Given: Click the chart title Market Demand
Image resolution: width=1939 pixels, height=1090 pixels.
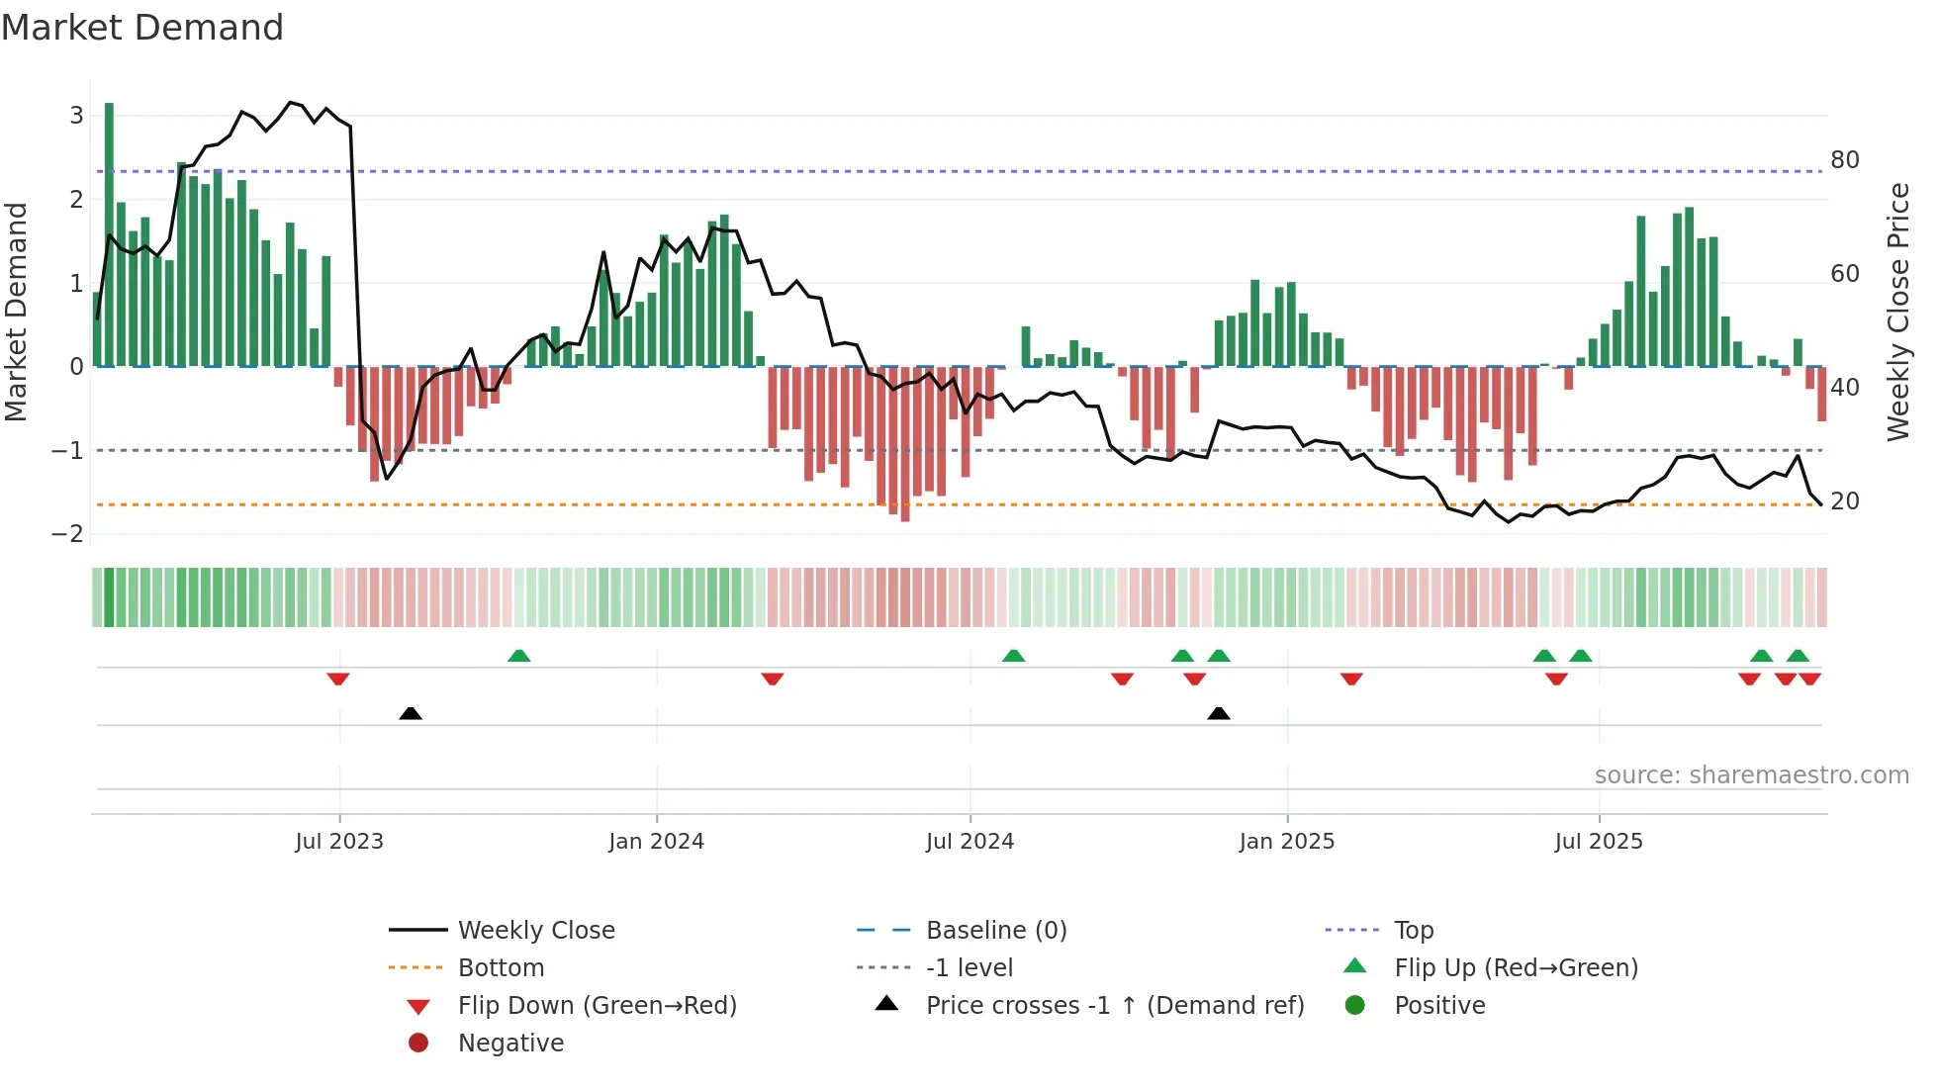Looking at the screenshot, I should pos(142,28).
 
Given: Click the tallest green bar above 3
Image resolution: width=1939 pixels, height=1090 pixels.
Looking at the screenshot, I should pos(109,234).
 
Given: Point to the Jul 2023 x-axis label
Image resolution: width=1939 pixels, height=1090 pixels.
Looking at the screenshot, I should pos(338,842).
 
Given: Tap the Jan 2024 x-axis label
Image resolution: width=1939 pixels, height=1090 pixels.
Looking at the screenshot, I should pos(656,842).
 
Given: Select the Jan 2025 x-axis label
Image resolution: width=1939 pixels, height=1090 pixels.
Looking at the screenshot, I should pos(1286,842).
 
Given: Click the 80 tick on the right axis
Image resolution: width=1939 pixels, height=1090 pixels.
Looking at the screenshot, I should pos(1844,160).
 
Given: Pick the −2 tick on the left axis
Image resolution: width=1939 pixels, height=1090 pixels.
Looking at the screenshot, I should pos(67,534).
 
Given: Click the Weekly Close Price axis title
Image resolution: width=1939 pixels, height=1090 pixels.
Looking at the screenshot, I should pos(1897,312).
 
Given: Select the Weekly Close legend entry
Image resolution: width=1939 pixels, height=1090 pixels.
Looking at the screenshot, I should pos(535,931).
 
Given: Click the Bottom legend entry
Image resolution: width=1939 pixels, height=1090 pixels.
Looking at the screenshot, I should pos(501,968).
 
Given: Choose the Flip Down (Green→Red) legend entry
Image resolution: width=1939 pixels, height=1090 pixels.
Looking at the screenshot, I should pos(597,1006).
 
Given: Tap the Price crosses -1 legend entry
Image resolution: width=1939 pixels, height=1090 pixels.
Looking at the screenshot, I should pos(1114,1006).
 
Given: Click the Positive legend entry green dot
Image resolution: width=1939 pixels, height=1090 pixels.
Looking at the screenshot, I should pos(1355,1006).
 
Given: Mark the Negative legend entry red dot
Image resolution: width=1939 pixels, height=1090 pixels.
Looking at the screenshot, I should pos(418,1044).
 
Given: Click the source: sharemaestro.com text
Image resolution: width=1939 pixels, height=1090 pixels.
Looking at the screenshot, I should pos(1751,775).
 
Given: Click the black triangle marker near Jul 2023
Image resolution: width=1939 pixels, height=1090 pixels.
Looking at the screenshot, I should pos(411,713).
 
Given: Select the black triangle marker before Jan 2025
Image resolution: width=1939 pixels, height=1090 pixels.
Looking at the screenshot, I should pos(1219,713).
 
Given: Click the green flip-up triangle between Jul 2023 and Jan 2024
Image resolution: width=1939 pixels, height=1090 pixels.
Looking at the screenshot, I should pos(518,656).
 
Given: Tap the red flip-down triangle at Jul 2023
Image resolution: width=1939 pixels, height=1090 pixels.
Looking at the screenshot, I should pos(338,679).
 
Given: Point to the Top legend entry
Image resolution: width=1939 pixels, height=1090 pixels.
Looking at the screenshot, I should pos(1413,931).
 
